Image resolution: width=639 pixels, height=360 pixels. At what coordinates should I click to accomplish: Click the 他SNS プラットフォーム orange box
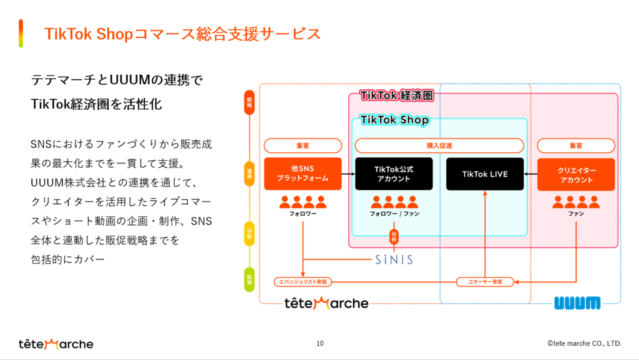click(303, 174)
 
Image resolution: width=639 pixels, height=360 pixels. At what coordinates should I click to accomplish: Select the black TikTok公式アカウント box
click(394, 174)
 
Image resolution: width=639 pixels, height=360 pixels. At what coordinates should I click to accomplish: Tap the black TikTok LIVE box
click(485, 174)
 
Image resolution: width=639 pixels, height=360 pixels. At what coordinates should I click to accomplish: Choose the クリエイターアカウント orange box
click(575, 174)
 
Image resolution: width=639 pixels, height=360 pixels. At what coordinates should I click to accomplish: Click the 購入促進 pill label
click(439, 145)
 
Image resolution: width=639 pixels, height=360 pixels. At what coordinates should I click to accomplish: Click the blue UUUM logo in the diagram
click(577, 303)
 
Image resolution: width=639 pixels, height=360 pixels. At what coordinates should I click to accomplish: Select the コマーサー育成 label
click(484, 281)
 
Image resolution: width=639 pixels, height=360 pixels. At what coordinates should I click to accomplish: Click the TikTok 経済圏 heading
click(396, 96)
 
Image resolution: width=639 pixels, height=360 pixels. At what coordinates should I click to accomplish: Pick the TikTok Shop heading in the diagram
click(394, 120)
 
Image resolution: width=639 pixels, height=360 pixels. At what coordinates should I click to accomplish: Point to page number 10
click(320, 343)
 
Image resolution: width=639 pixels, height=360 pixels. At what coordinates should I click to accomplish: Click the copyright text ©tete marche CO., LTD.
click(584, 343)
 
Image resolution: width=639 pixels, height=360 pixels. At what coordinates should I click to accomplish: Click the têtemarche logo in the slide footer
click(56, 344)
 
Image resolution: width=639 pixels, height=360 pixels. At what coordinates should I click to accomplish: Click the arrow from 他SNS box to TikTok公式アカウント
click(348, 174)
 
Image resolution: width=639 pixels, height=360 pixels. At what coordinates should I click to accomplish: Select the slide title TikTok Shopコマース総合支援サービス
click(183, 34)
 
